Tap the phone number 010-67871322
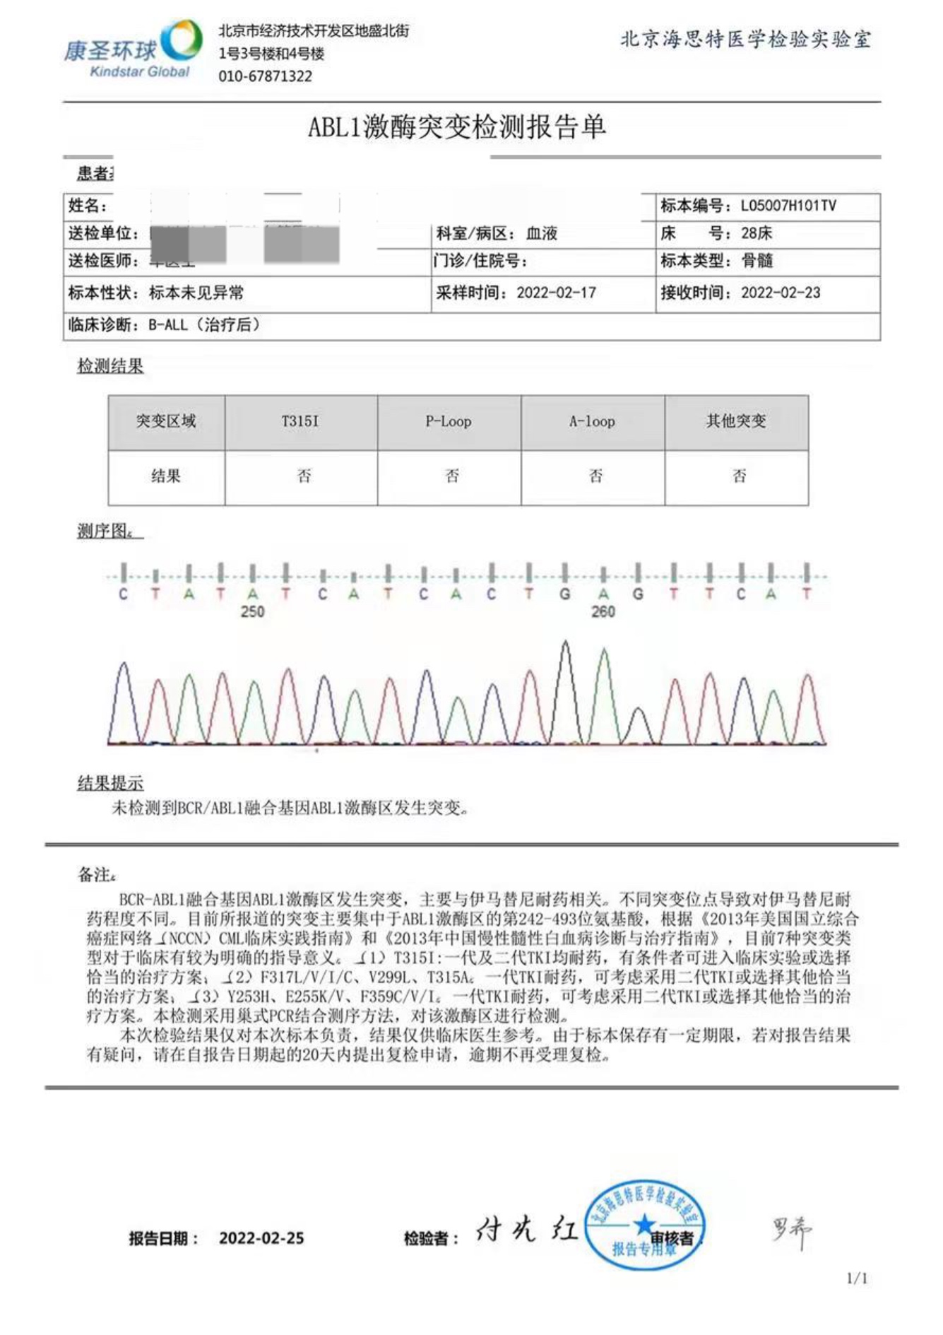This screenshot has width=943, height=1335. pyautogui.click(x=265, y=76)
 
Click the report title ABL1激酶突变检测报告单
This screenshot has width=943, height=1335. pyautogui.click(x=456, y=127)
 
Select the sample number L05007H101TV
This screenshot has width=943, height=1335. pyautogui.click(x=788, y=206)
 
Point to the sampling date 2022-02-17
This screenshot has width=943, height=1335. pyautogui.click(x=556, y=293)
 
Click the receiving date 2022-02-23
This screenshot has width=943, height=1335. pyautogui.click(x=781, y=293)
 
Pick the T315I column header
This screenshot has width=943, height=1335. pyautogui.click(x=300, y=422)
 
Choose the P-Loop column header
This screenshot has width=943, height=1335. pyautogui.click(x=449, y=422)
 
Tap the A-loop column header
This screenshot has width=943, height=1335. pyautogui.click(x=592, y=422)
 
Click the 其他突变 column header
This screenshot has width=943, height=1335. pyautogui.click(x=736, y=422)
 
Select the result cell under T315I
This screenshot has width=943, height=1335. pyautogui.click(x=304, y=476)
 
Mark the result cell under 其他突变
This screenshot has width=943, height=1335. pyautogui.click(x=739, y=476)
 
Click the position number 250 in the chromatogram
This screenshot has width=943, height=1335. pyautogui.click(x=252, y=612)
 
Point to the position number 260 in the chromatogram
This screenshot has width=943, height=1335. pyautogui.click(x=603, y=612)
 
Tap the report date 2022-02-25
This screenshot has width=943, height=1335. pyautogui.click(x=261, y=1238)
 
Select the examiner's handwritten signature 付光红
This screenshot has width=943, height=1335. pyautogui.click(x=526, y=1230)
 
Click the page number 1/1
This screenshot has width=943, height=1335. pyautogui.click(x=857, y=1278)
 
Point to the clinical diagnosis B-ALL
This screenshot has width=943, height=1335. pyautogui.click(x=168, y=325)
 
